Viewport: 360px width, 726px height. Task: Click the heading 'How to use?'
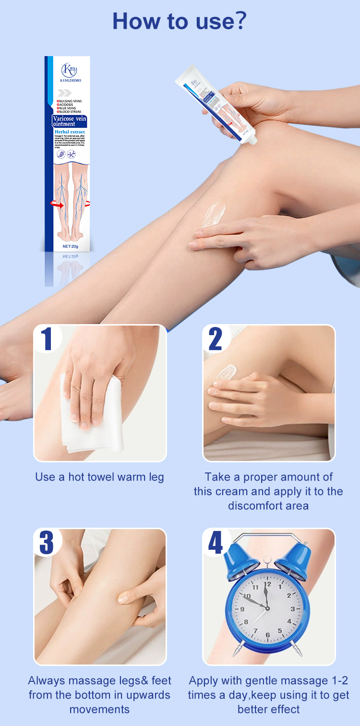coord(180,22)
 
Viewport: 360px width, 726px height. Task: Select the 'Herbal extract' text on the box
coord(70,132)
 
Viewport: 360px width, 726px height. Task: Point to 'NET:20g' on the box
coord(73,246)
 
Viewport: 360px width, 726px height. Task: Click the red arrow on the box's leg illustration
coord(57,205)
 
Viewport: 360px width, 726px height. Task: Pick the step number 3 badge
coord(47,542)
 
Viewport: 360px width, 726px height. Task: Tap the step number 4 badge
coord(216,542)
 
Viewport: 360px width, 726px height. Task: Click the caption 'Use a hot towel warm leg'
coord(99,477)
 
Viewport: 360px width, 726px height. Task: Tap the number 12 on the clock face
coord(267,585)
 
